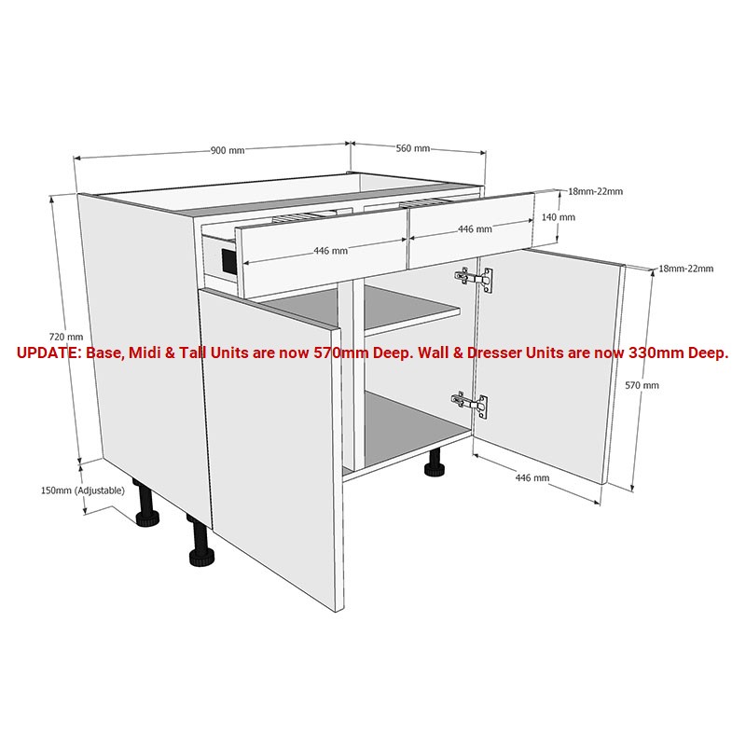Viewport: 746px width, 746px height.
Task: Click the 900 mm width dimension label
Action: (228, 150)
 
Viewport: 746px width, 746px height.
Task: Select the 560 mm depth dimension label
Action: (413, 148)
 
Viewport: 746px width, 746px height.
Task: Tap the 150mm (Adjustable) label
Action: (83, 490)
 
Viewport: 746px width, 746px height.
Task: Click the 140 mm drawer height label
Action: (559, 217)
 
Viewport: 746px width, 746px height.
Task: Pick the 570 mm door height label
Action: (642, 385)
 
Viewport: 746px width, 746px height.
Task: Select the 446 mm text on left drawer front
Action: (330, 251)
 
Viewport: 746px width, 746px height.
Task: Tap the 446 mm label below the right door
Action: (532, 477)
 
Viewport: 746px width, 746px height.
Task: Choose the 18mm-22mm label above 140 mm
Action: (595, 192)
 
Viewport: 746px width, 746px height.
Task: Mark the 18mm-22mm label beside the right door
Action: (685, 269)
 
